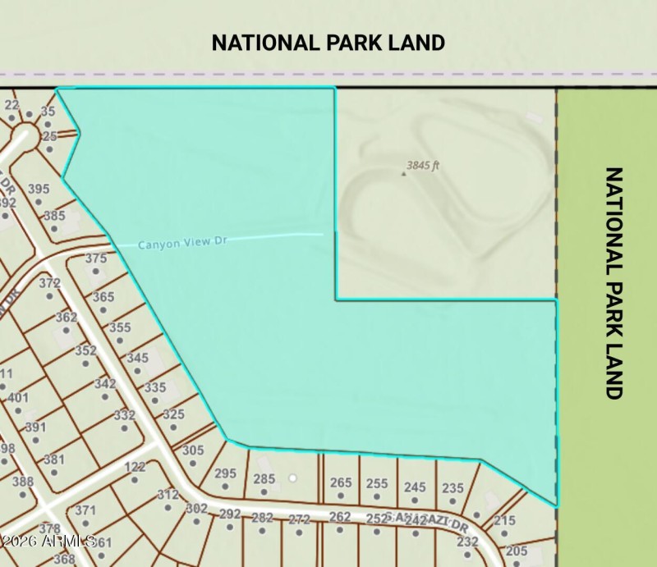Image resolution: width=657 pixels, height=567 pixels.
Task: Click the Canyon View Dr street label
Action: click(x=181, y=244)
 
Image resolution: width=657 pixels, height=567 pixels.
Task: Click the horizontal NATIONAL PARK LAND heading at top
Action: click(x=328, y=43)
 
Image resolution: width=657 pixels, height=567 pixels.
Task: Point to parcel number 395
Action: click(x=39, y=189)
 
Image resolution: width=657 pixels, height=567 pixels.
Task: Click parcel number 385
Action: click(x=54, y=216)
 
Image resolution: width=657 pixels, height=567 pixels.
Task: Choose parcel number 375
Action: click(x=96, y=258)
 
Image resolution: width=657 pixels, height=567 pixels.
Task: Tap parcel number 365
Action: click(x=103, y=297)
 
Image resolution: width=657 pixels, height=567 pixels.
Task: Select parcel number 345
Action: click(x=137, y=358)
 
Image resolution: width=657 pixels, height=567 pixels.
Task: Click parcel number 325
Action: click(x=173, y=414)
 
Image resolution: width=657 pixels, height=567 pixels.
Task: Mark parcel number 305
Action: click(x=193, y=450)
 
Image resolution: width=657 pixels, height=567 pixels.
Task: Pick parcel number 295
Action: click(x=225, y=473)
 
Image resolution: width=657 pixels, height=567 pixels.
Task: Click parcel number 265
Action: click(x=340, y=482)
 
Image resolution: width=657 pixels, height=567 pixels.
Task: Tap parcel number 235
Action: click(x=453, y=487)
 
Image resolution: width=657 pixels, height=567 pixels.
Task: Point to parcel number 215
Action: click(x=504, y=520)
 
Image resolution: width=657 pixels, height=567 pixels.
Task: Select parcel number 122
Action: click(x=135, y=467)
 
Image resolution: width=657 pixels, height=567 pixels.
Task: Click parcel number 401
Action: click(x=17, y=398)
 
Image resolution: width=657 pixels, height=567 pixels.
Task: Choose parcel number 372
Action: click(x=50, y=283)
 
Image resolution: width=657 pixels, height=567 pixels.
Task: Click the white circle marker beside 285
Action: click(x=291, y=478)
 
